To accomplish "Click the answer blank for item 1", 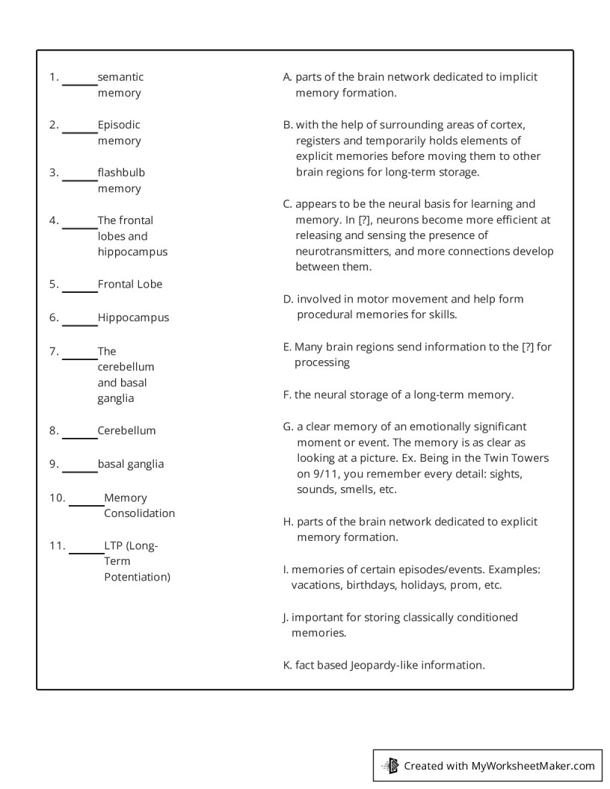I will [x=79, y=84].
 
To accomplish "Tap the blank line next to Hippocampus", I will [x=79, y=324].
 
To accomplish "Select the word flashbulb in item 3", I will [x=121, y=173].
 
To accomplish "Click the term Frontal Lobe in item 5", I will [x=130, y=285].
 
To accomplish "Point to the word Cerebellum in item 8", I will [x=126, y=431].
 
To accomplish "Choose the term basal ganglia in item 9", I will [x=131, y=464].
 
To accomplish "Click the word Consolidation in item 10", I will [x=139, y=514].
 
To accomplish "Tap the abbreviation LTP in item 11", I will [x=114, y=545].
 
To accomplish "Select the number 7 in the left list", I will [x=52, y=351].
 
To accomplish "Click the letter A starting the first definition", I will [x=287, y=77].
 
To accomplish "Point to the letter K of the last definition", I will [x=287, y=665].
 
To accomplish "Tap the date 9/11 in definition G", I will [x=312, y=474].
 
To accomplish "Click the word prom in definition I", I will [x=462, y=586].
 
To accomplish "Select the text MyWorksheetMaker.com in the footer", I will [x=533, y=766].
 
